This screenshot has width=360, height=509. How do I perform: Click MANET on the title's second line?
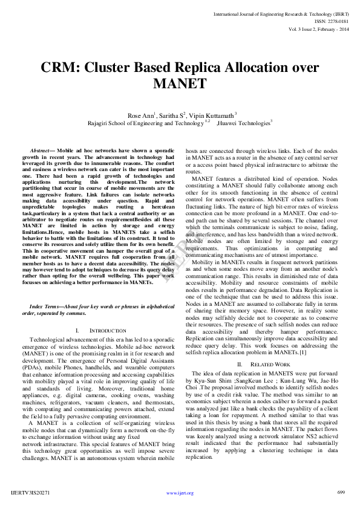click(x=180, y=83)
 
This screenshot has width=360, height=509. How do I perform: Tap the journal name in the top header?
click(x=281, y=13)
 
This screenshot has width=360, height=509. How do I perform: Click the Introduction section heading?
click(x=100, y=331)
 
